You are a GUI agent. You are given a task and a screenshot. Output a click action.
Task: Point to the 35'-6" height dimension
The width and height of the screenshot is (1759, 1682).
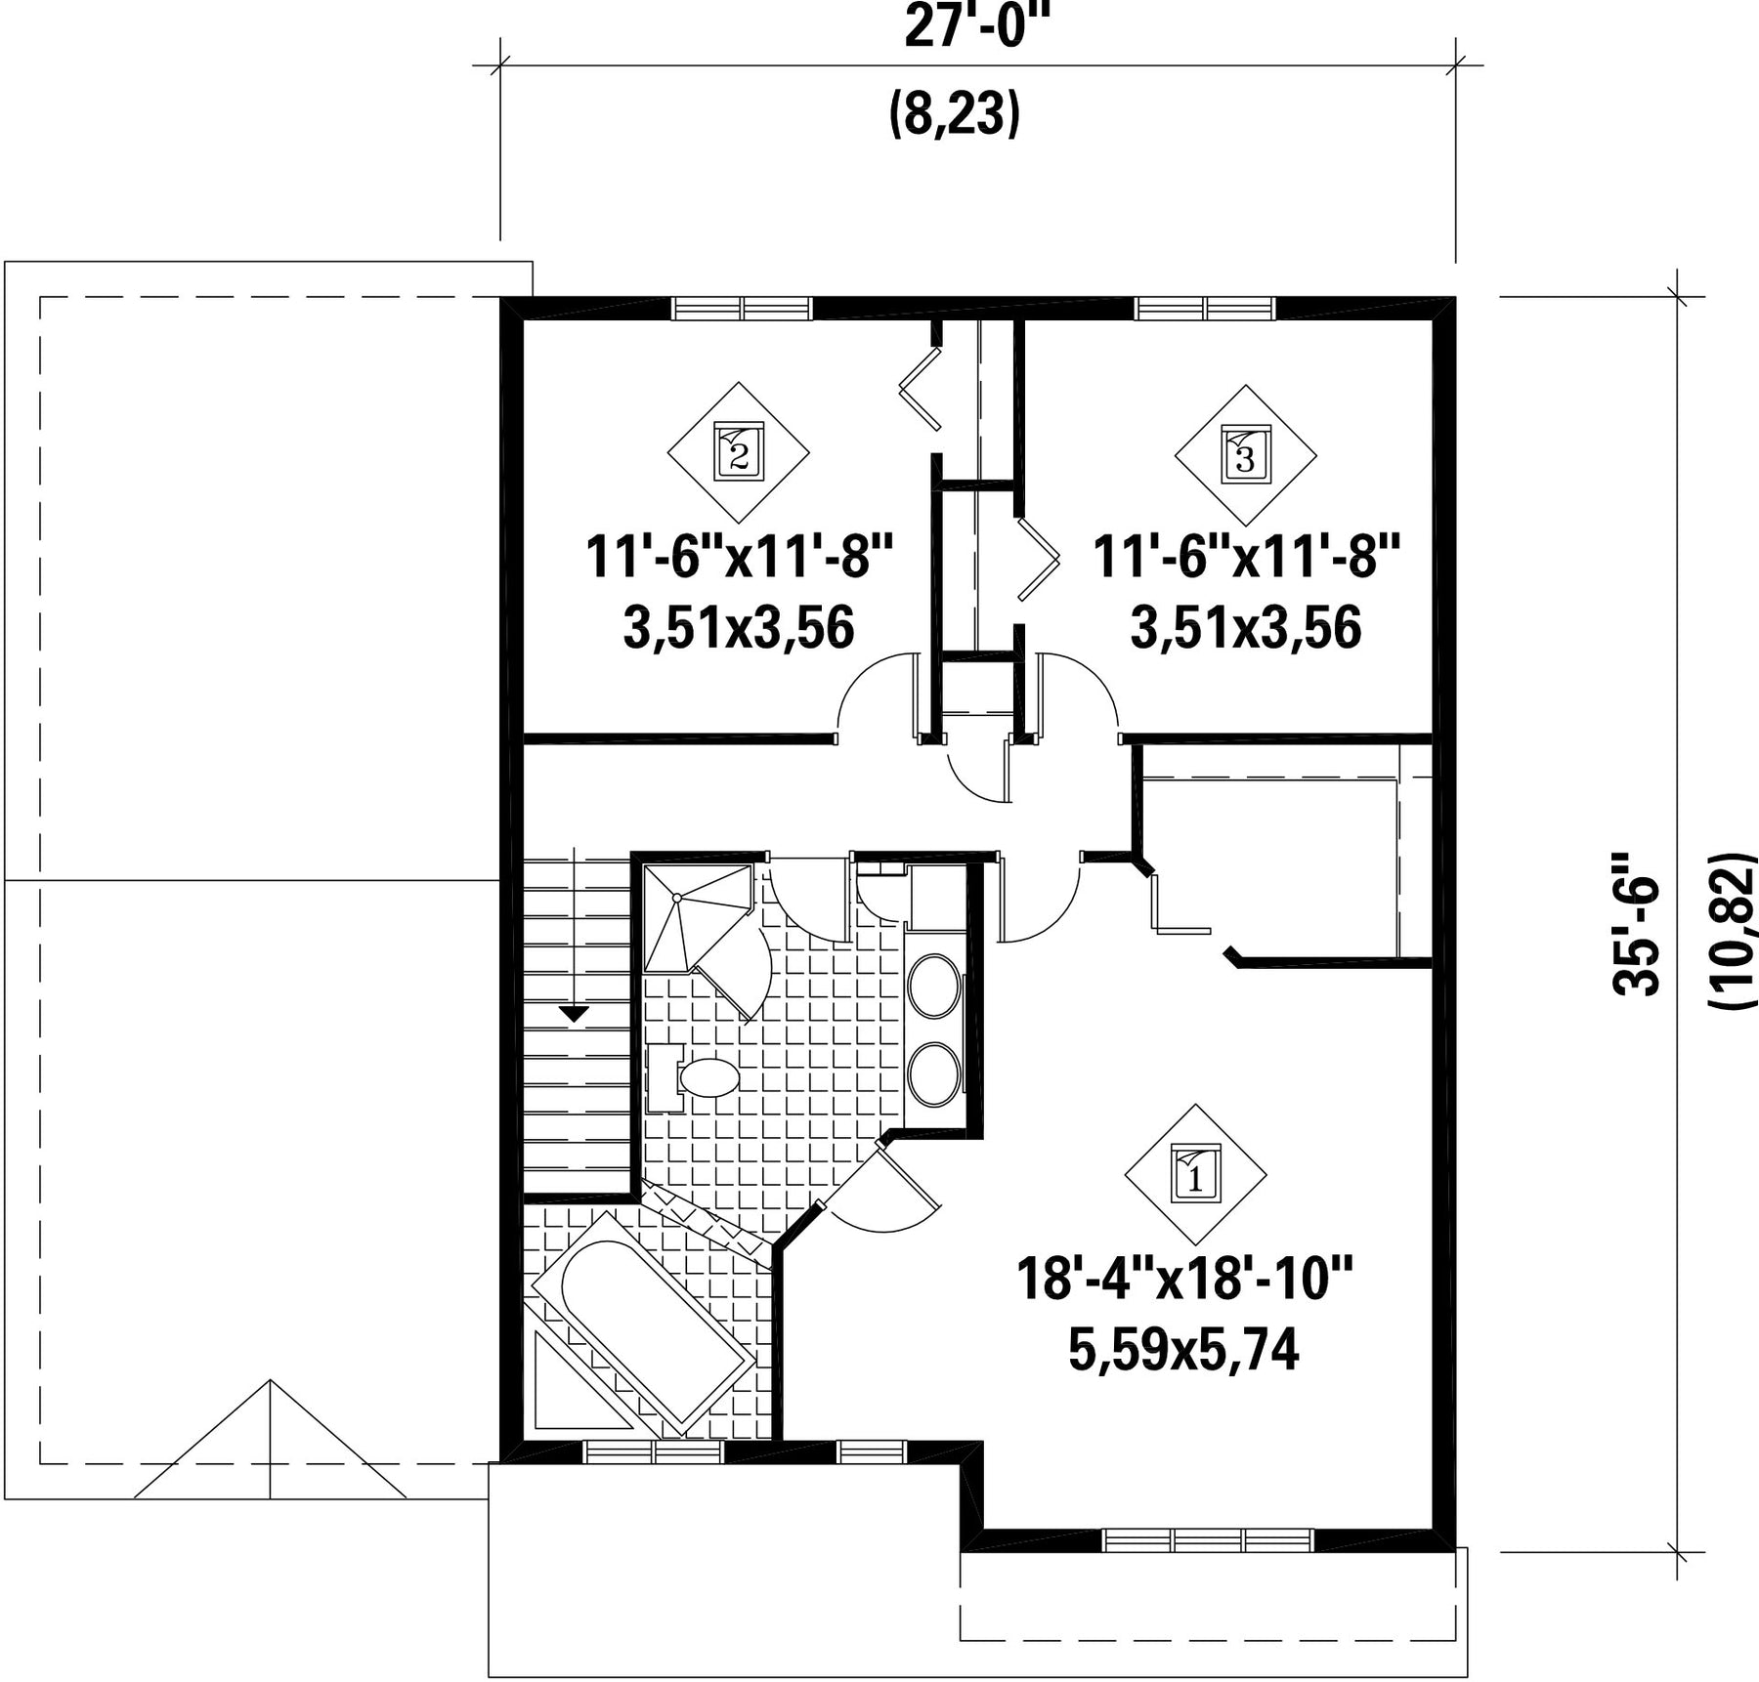(1635, 923)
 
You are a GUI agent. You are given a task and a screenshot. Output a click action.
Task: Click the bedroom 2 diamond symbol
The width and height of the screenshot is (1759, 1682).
(739, 453)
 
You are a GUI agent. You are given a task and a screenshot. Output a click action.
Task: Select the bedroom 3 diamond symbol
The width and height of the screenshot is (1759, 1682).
(1245, 455)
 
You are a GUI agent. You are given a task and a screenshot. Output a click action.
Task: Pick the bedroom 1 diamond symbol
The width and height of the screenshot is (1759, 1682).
(1195, 1175)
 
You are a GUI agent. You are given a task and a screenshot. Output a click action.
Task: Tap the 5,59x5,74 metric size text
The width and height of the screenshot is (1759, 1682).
(1183, 1351)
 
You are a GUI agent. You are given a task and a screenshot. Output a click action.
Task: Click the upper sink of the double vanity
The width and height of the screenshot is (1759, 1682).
(935, 987)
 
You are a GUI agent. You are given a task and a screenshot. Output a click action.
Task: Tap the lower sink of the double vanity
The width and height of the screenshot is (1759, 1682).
(935, 1075)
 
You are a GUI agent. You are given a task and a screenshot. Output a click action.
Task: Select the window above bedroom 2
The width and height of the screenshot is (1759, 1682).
(743, 309)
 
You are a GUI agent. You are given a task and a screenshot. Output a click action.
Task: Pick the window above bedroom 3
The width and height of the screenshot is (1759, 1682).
(1206, 309)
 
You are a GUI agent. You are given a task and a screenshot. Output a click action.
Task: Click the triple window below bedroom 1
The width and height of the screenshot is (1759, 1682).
(1210, 1540)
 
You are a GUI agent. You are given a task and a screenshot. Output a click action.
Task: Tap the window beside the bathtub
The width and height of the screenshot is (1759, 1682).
(655, 1452)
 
